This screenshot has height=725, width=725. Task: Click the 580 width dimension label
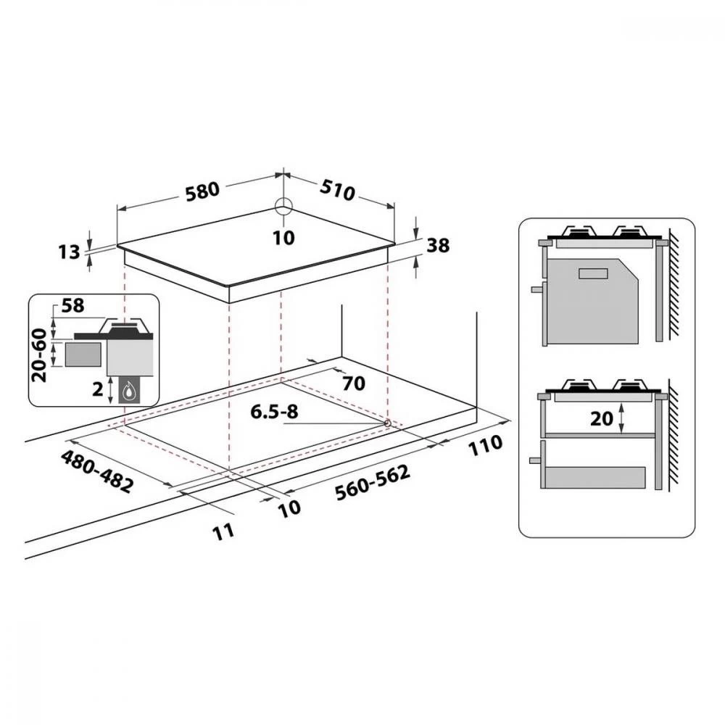pos(202,191)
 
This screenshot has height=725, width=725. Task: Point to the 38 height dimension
pos(438,246)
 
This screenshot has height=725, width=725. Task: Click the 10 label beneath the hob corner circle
pos(284,237)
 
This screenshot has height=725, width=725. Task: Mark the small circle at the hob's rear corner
pos(283,206)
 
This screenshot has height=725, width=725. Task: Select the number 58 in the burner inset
pos(73,305)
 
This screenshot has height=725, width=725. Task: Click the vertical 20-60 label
pos(40,355)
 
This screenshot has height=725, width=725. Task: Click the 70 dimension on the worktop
pos(353,384)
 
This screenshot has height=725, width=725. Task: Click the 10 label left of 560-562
pos(289,508)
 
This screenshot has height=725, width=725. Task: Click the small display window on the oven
pos(593,273)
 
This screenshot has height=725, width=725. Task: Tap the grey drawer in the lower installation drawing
pos(594,477)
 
